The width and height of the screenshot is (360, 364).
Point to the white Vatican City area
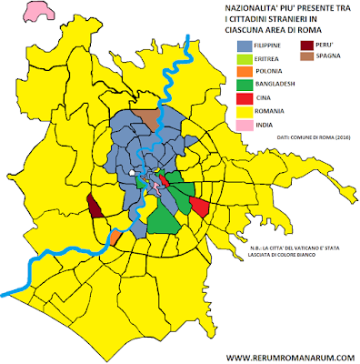tap(132, 172)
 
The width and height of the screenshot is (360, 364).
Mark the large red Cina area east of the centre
tap(201, 207)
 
